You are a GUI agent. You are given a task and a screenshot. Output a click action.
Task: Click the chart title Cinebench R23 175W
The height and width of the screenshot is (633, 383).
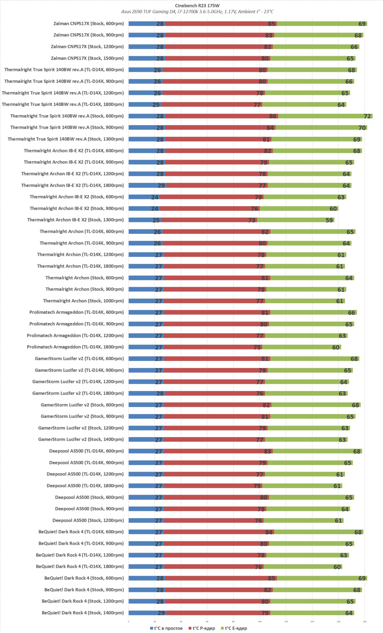pyautogui.click(x=197, y=5)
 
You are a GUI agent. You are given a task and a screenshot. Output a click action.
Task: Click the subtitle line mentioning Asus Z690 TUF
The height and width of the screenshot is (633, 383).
pyautogui.click(x=197, y=12)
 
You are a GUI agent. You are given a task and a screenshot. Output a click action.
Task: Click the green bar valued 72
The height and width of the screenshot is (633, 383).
pyautogui.click(x=325, y=116)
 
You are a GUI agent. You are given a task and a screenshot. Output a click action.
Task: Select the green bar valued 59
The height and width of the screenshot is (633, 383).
pyautogui.click(x=295, y=220)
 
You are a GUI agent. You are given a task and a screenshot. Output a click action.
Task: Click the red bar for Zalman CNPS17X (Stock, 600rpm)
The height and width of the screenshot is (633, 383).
pyautogui.click(x=221, y=24)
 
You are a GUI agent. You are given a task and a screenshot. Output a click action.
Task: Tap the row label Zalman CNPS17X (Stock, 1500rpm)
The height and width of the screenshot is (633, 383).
pyautogui.click(x=87, y=58)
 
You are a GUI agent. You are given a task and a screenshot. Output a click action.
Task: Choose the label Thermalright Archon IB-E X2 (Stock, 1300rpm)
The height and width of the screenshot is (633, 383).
pyautogui.click(x=75, y=220)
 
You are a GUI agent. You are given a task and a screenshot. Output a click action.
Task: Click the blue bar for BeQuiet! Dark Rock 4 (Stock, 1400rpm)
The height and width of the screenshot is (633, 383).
pyautogui.click(x=147, y=613)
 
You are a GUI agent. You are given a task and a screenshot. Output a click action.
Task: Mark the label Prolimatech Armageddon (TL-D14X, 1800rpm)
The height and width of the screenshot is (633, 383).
pyautogui.click(x=75, y=347)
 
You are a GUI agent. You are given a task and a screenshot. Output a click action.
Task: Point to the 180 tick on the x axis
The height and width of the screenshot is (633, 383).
pyautogui.click(x=365, y=621)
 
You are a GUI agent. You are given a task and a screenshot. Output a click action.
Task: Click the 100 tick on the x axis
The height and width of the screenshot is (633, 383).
pyautogui.click(x=260, y=621)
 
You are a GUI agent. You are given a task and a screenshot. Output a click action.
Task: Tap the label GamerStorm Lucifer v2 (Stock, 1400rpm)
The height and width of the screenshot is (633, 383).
pyautogui.click(x=81, y=440)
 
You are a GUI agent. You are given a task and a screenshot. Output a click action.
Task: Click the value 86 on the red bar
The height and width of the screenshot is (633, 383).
pyautogui.click(x=273, y=116)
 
